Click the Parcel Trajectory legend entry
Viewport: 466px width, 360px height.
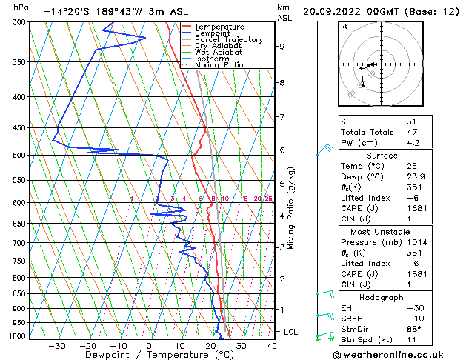click(228, 40)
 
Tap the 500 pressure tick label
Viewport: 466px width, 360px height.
click(19, 156)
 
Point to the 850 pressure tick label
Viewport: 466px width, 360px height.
click(19, 294)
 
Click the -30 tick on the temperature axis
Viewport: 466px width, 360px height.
click(57, 345)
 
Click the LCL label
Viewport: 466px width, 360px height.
click(291, 332)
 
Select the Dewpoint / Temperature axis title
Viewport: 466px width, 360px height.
click(150, 355)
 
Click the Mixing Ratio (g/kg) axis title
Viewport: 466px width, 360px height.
click(291, 207)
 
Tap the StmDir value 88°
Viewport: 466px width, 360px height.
click(413, 329)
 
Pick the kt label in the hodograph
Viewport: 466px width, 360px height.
click(344, 26)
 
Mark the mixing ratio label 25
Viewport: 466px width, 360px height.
click(268, 199)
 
